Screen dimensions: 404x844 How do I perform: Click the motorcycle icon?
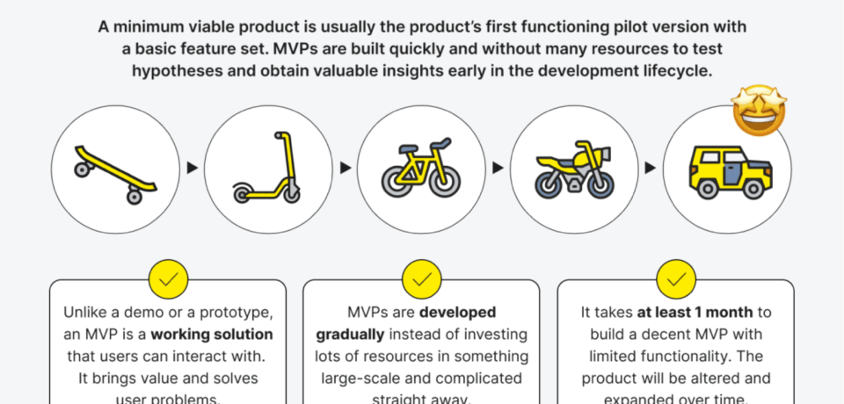pos(574,169)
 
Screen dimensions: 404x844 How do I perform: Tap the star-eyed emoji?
pos(759,111)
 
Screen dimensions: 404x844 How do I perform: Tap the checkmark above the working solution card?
pos(168,278)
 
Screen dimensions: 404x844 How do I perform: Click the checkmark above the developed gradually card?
pos(421,278)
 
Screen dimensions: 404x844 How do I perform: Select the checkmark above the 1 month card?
pos(675,278)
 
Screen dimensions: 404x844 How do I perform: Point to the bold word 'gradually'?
pos(349,335)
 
